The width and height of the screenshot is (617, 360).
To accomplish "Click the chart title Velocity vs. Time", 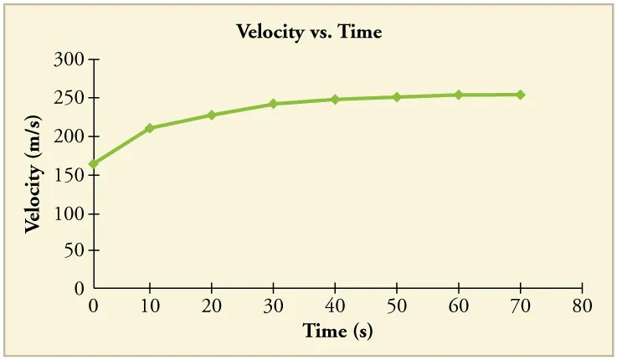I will [309, 33].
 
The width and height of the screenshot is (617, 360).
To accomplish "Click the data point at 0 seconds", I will [93, 164].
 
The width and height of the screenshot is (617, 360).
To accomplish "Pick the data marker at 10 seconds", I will [150, 128].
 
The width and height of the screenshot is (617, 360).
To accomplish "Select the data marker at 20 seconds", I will [212, 115].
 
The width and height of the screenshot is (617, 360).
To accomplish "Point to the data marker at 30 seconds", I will [273, 104].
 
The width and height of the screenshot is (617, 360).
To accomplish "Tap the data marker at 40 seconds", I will [335, 99].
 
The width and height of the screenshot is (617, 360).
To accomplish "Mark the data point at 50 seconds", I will [397, 97].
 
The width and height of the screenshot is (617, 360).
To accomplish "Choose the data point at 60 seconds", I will [458, 95].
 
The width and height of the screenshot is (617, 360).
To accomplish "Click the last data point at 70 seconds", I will [520, 95].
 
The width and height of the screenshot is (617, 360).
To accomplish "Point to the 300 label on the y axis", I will [69, 60].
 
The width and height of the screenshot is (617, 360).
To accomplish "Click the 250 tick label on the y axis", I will [69, 98].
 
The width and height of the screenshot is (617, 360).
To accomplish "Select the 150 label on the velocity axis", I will [69, 175].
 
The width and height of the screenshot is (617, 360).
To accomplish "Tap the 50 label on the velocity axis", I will [74, 250].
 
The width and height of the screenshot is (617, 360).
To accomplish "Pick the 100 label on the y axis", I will [69, 213].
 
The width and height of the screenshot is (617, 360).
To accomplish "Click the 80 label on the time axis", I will [581, 305].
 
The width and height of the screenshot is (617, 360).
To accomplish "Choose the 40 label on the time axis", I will [335, 305].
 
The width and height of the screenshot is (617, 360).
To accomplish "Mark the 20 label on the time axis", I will [212, 305].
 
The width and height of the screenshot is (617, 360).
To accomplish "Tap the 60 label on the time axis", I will [458, 305].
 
